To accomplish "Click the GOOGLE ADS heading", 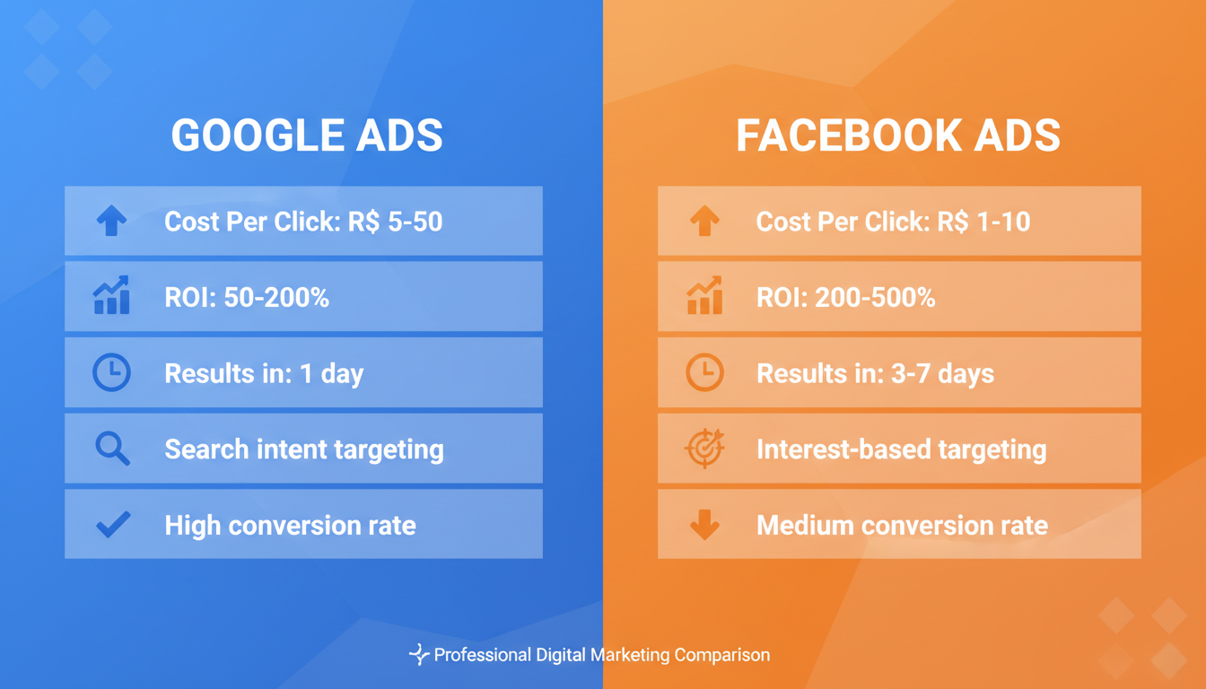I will pos(307,136).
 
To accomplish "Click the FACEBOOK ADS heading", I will pos(898,136).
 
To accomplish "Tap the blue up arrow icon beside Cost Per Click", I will pos(112,221).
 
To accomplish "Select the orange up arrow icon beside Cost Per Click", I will pos(704,221).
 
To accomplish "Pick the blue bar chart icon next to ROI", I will pos(112,296).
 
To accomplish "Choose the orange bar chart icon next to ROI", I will pos(704,296).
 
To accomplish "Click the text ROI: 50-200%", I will pos(247,298).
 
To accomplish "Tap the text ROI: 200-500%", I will pos(845,298).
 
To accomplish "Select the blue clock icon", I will pos(112,372).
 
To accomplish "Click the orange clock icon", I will pos(704,372).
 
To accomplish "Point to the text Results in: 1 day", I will pos(264,373).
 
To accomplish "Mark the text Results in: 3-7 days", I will pos(875,373).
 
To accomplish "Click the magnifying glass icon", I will pos(113,449).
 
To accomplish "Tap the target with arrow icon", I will pos(704,449).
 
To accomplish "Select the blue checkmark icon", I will pos(113,524).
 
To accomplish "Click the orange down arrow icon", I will pos(704,525).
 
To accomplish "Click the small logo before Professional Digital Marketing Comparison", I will pos(418,655).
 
